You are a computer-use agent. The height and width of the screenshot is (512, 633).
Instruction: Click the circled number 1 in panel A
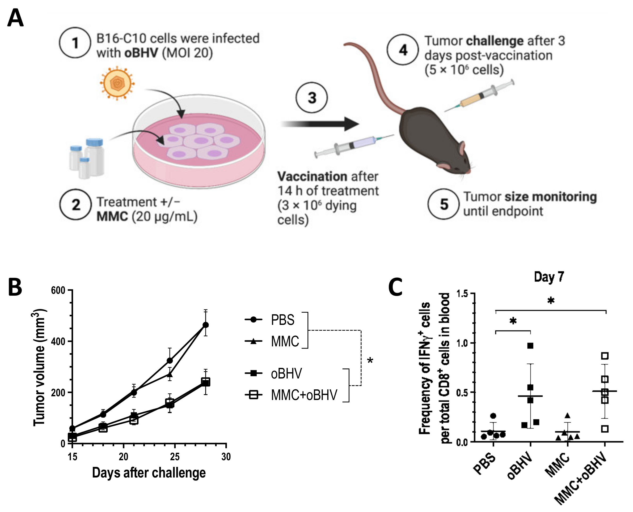tap(75, 43)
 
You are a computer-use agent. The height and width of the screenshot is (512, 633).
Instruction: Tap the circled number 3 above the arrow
tap(311, 98)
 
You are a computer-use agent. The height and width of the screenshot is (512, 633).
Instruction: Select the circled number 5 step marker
tap(444, 204)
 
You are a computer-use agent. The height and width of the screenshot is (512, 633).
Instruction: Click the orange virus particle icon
tap(117, 83)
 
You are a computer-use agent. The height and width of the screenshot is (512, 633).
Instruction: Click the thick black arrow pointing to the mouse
tap(320, 124)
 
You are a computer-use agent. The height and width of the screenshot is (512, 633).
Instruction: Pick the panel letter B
tap(15, 287)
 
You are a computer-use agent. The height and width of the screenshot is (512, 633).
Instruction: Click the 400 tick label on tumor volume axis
tap(58, 341)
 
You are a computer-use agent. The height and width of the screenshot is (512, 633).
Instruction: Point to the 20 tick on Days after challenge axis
tap(123, 457)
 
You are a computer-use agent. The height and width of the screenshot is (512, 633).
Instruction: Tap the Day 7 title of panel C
tap(549, 277)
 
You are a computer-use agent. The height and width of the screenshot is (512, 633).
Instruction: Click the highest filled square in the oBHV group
tap(530, 346)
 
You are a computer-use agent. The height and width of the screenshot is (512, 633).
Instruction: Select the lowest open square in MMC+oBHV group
tap(605, 429)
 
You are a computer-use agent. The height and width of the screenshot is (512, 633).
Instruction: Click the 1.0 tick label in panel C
tap(462, 343)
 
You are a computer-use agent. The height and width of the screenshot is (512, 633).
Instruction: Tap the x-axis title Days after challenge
tap(149, 473)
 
